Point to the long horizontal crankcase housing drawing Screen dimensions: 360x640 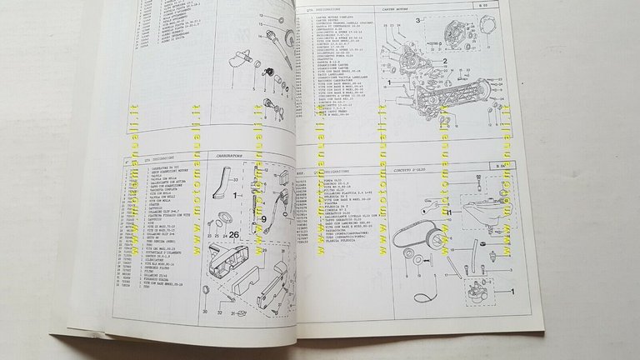click(462, 116)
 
